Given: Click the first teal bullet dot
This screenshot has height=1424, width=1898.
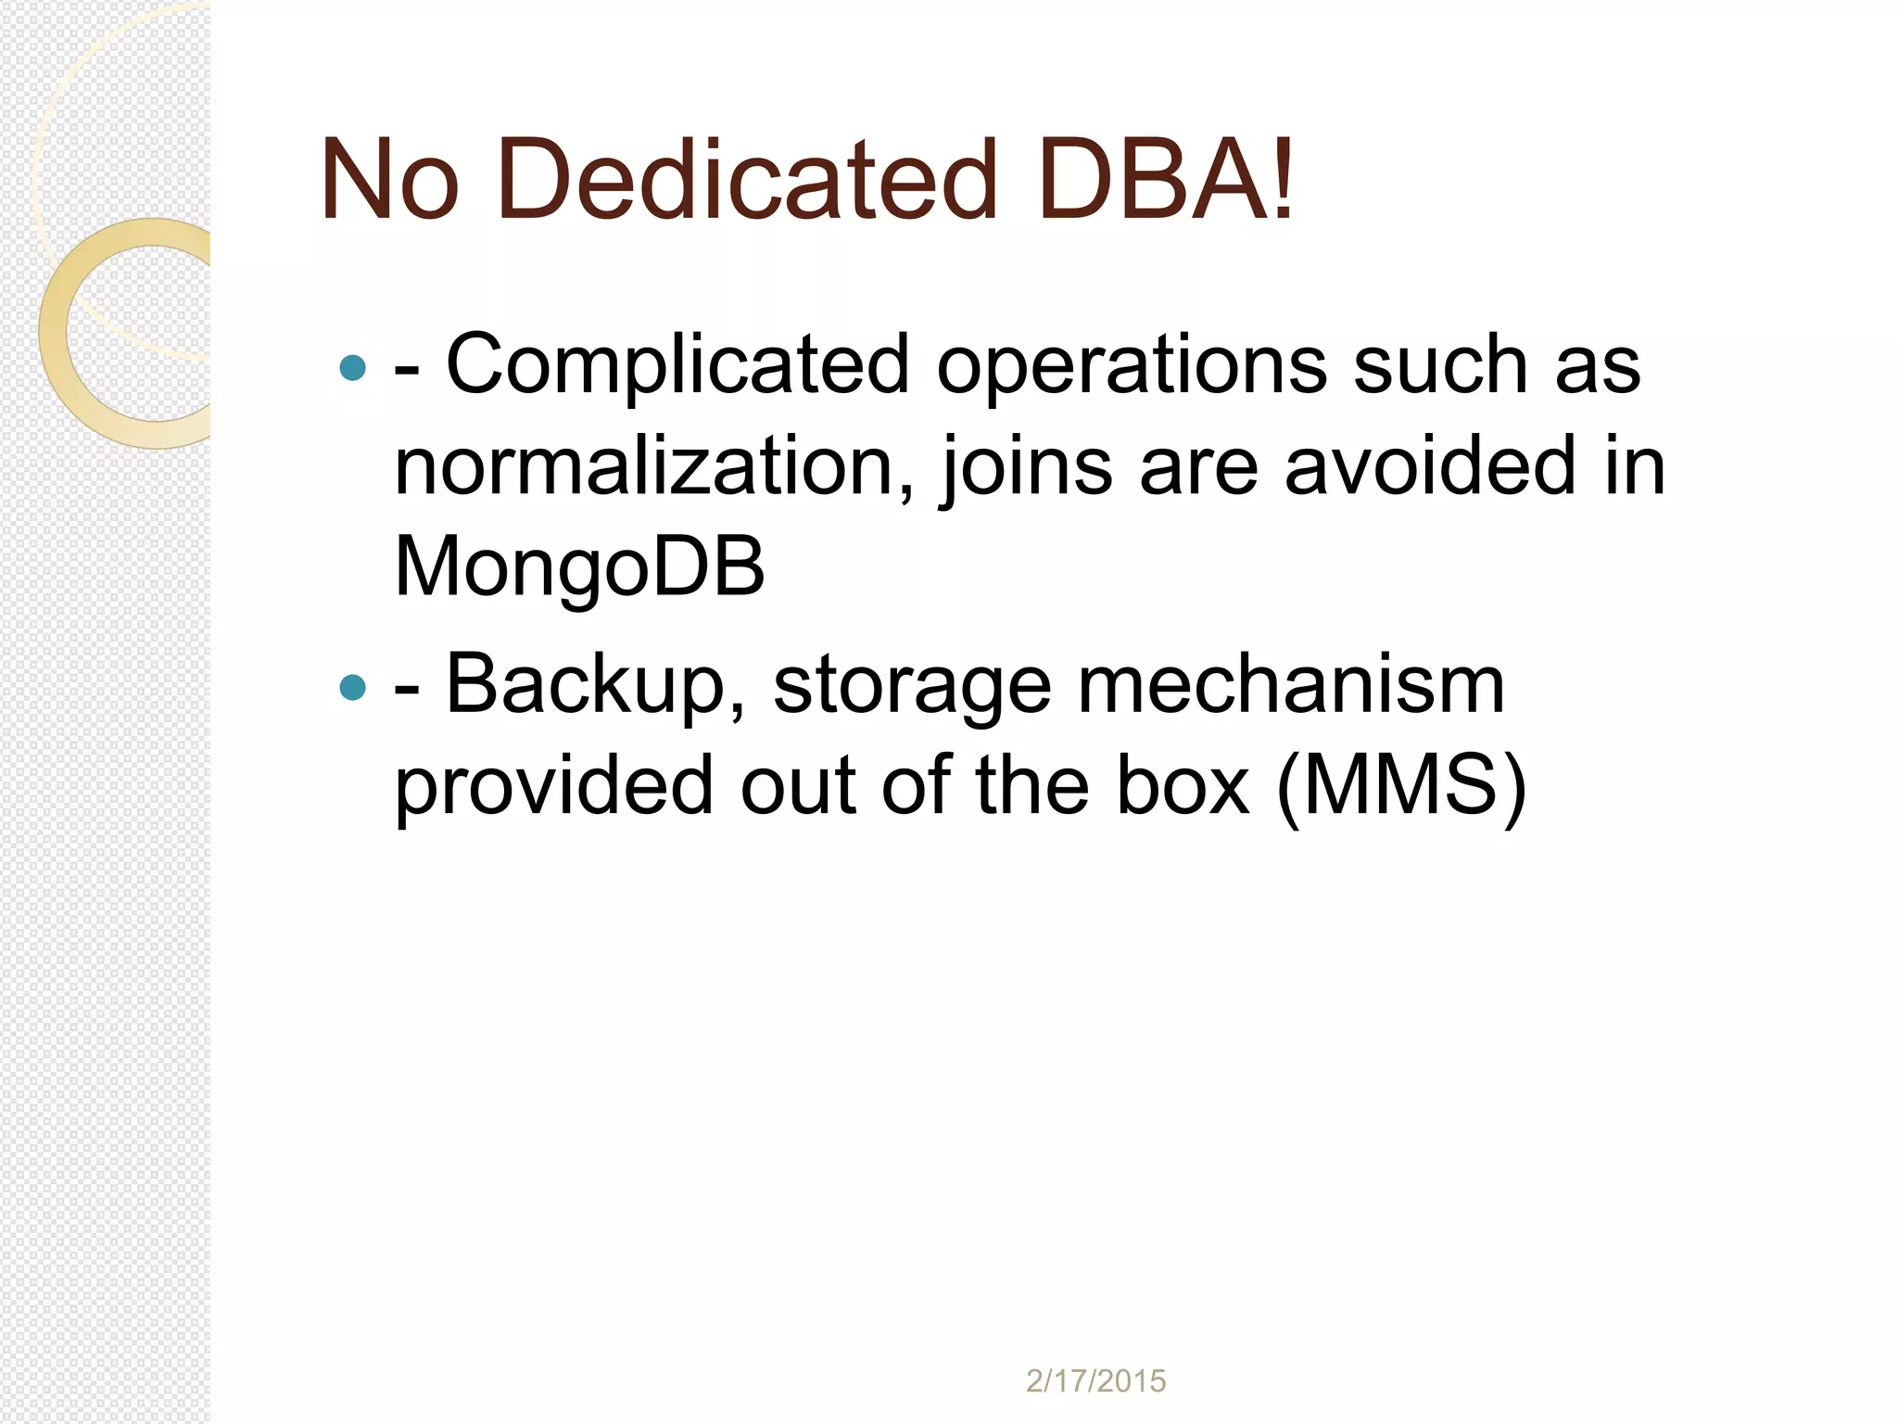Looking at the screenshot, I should [x=353, y=368].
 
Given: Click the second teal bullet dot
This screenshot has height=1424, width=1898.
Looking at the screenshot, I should [x=353, y=687].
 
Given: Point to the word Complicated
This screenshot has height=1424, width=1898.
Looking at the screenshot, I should [x=677, y=365].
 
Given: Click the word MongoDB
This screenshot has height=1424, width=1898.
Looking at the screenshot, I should [x=580, y=568].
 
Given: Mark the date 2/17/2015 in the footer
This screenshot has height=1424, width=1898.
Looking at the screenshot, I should [x=1095, y=1381].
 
